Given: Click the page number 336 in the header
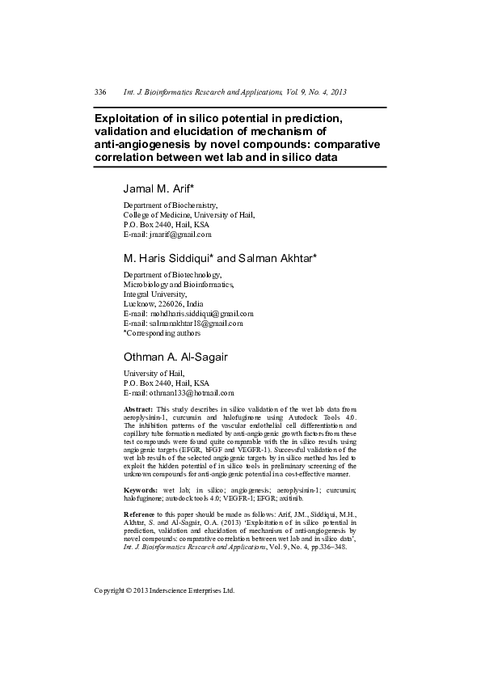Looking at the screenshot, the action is [101, 92].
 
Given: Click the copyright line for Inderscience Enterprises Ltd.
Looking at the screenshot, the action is [164, 590].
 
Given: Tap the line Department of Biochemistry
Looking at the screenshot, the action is [170, 206].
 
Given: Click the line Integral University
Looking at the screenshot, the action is [152, 294].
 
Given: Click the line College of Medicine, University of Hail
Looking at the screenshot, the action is [188, 216].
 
